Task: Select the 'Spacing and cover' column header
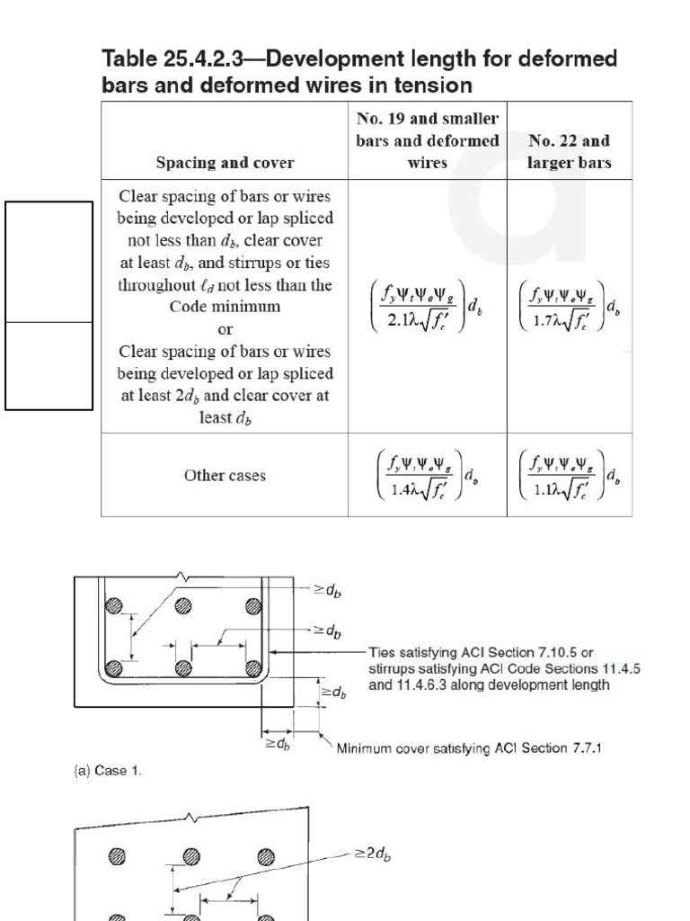(225, 163)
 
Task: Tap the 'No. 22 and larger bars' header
(570, 151)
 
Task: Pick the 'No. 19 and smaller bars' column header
(427, 140)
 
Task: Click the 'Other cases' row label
(225, 475)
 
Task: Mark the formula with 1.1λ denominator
(570, 475)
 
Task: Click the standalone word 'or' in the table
(225, 329)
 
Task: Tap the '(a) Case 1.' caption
(107, 771)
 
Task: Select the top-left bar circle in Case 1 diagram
(113, 605)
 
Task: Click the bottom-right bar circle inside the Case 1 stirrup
(252, 668)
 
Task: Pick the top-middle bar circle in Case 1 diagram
(183, 605)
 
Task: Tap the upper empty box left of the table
(49, 262)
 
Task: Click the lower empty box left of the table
(49, 366)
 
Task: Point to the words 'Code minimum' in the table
(225, 307)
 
